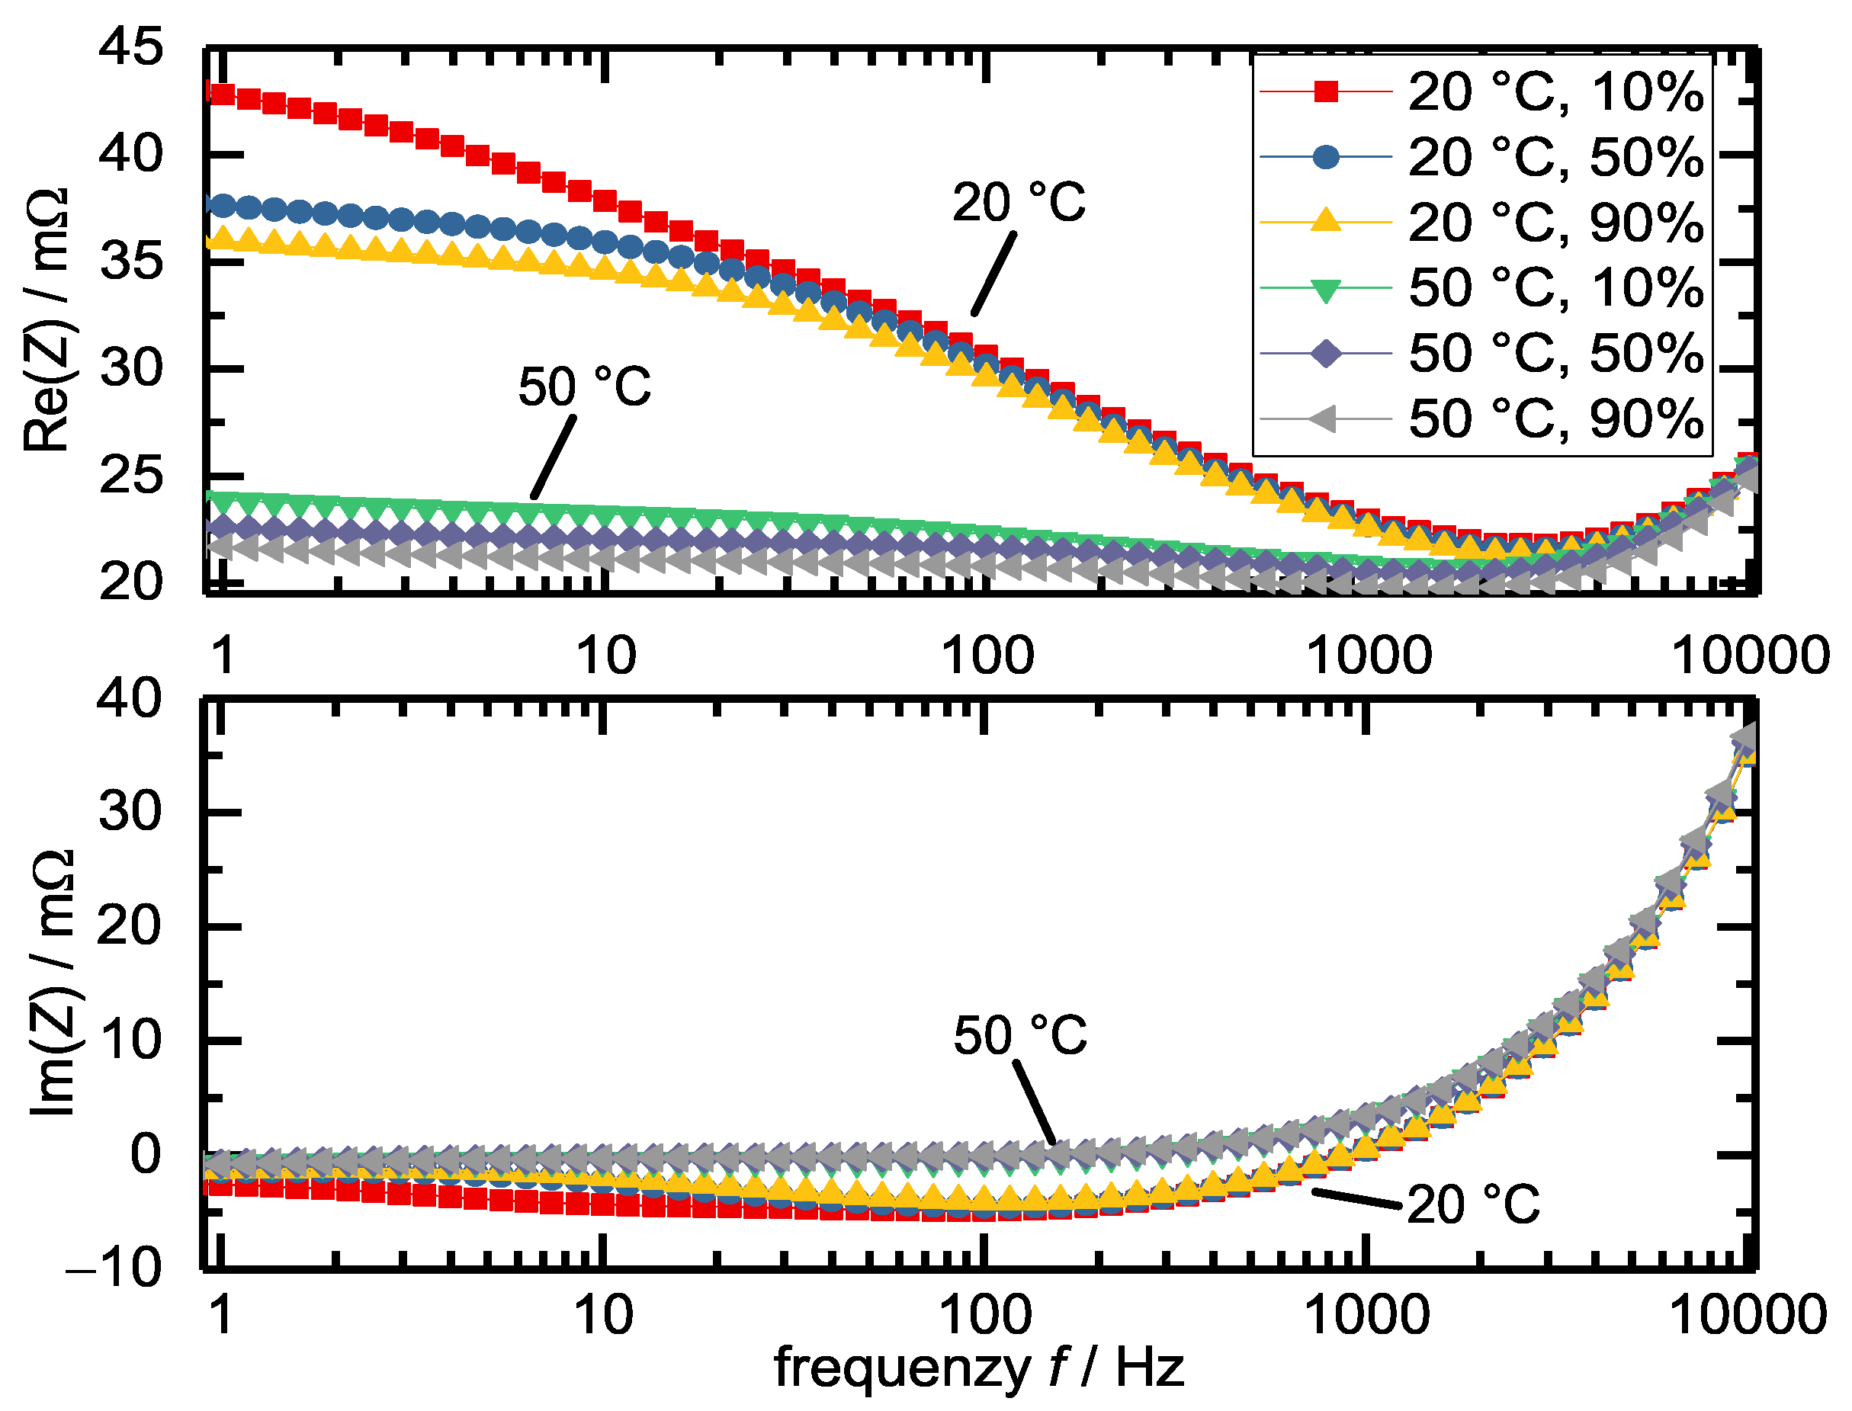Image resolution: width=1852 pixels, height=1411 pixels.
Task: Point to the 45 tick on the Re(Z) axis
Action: pos(130,47)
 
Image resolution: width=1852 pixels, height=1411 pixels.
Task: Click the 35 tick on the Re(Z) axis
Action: pos(130,261)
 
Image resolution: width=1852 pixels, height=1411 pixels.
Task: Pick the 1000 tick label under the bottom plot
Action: pos(1366,1315)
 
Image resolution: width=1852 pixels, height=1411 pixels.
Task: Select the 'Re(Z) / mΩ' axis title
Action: pos(47,319)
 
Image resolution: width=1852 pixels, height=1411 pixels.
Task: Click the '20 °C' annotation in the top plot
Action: pos(1019,204)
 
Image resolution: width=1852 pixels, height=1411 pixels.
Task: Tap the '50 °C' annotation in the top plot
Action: pos(585,388)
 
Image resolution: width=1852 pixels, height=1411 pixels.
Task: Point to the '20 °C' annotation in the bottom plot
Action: pos(1473,1204)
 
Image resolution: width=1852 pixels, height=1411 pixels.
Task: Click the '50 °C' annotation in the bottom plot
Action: pos(1019,1036)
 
